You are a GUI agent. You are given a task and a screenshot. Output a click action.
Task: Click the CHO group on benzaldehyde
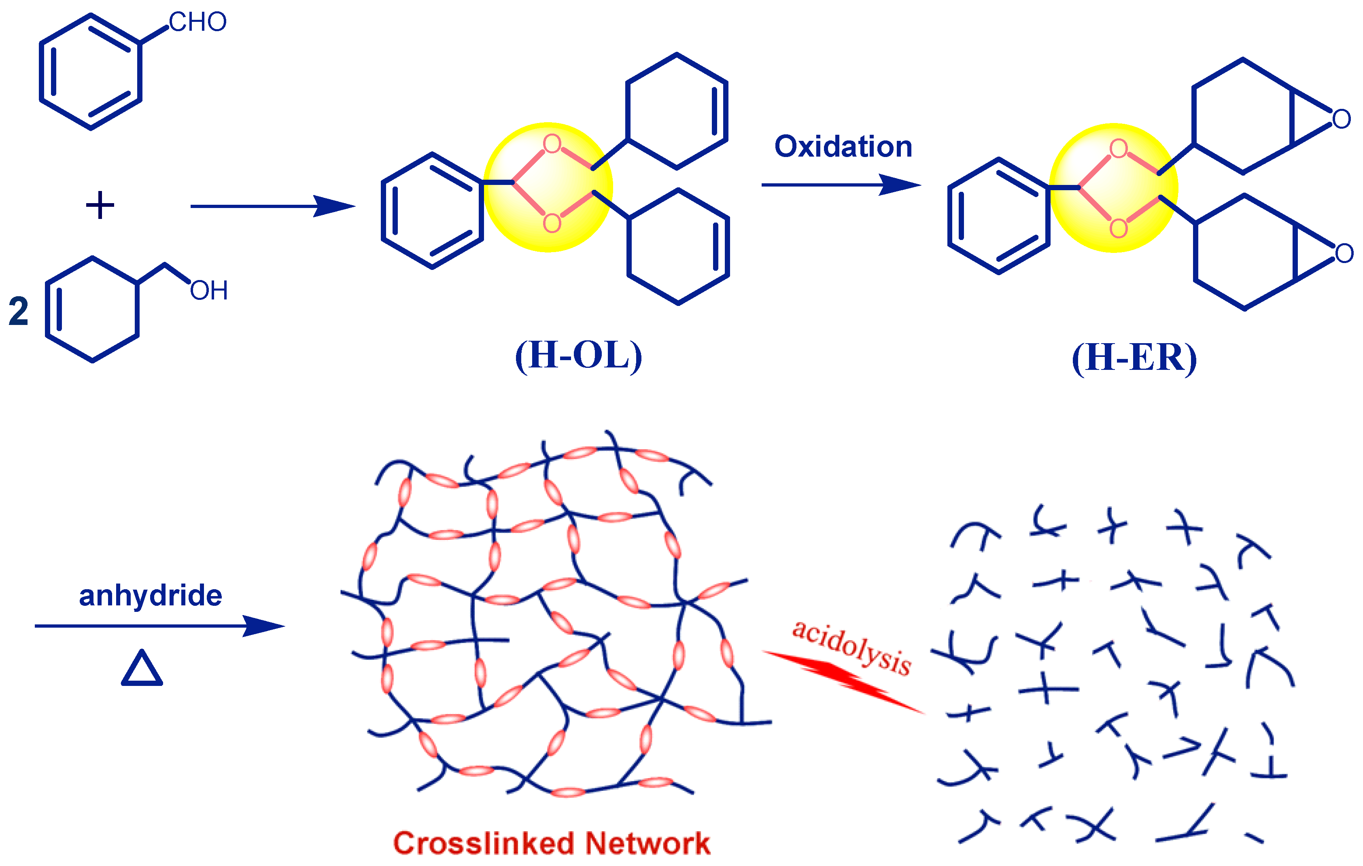(197, 23)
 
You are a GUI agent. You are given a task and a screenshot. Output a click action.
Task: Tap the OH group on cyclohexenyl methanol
(209, 291)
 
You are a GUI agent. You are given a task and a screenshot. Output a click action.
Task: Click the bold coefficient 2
(19, 312)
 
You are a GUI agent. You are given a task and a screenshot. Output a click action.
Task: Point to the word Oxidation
(843, 146)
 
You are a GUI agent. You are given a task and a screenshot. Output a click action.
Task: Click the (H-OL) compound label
(578, 355)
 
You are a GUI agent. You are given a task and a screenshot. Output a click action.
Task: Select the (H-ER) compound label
(1134, 358)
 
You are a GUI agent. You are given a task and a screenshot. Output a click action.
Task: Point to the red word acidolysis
(851, 648)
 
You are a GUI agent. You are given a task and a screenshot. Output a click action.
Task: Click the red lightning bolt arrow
(843, 681)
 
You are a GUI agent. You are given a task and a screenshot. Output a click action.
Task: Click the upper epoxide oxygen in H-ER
(1341, 119)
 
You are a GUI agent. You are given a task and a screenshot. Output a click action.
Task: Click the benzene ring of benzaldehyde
(91, 72)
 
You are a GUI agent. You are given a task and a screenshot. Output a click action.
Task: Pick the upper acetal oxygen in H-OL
(552, 144)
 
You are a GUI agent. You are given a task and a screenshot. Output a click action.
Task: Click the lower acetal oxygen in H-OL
(552, 223)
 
